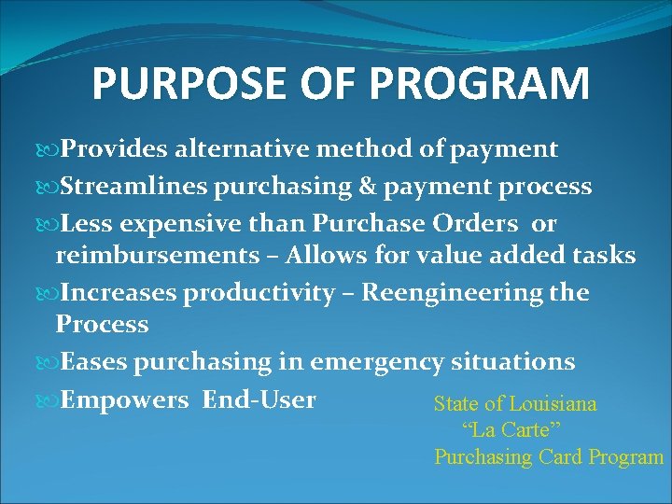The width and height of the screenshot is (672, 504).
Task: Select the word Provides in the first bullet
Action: click(115, 149)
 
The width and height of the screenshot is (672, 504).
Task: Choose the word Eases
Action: click(93, 362)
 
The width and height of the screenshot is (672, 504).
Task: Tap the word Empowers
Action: click(124, 400)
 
